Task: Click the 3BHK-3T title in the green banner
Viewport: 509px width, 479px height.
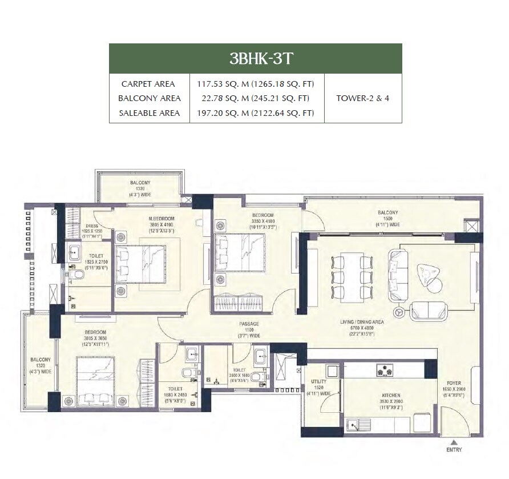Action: [x=255, y=58]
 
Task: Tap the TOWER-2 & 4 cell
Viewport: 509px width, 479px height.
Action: [x=362, y=98]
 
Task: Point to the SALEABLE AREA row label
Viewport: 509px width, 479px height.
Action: [x=150, y=113]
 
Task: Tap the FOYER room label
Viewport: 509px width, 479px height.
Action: [x=454, y=384]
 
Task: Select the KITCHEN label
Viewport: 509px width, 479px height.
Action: [x=391, y=395]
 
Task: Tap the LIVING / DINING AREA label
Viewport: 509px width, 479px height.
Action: [x=362, y=322]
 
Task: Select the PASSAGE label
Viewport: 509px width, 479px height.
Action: [x=249, y=324]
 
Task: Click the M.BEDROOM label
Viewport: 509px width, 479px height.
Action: [x=160, y=219]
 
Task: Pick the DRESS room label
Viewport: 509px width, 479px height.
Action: [x=91, y=226]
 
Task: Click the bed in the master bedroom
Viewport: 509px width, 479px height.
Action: [x=141, y=263]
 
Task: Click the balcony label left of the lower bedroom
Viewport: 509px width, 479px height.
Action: [x=41, y=360]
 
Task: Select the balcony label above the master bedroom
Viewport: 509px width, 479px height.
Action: [x=140, y=183]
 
